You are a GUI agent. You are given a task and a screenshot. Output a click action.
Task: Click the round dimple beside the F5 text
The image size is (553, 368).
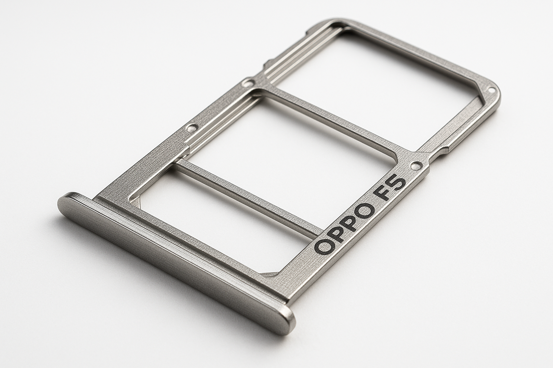tap(417, 166)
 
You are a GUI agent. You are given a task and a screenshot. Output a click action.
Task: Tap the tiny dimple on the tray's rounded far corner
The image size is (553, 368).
tap(491, 91)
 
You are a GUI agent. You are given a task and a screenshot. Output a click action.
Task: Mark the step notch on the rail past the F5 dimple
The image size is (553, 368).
tap(443, 151)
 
